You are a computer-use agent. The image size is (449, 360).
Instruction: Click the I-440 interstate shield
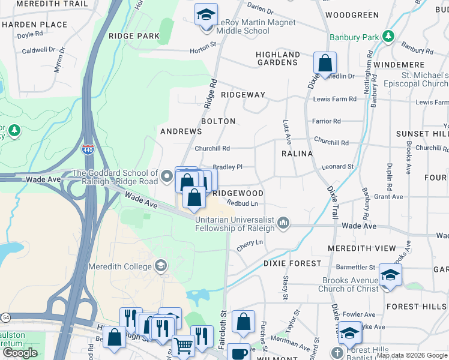(88, 149)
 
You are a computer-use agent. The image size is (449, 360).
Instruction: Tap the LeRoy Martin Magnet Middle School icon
(206, 14)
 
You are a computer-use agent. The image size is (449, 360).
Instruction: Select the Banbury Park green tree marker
(388, 37)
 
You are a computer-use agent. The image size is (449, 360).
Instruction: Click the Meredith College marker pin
(160, 266)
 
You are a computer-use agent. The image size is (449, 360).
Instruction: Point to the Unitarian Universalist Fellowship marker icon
(283, 223)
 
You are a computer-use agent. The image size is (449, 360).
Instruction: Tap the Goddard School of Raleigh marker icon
(167, 177)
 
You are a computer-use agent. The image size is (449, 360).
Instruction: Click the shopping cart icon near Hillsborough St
(183, 346)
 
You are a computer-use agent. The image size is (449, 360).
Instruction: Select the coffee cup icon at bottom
(238, 353)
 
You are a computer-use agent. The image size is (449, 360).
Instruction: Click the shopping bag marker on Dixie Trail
(325, 62)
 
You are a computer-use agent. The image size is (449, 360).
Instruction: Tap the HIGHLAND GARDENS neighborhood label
(278, 59)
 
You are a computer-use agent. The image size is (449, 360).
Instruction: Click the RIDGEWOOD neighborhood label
(238, 193)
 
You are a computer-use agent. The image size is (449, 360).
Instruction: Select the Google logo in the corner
(20, 353)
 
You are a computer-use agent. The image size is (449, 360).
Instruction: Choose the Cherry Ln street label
(250, 242)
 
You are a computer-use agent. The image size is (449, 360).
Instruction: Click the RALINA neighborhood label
(297, 154)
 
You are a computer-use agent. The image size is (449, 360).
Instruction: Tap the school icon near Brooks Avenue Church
(390, 275)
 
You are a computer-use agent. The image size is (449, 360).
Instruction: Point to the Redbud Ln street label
(238, 203)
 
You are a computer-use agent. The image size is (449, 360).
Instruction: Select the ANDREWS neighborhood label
(181, 131)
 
